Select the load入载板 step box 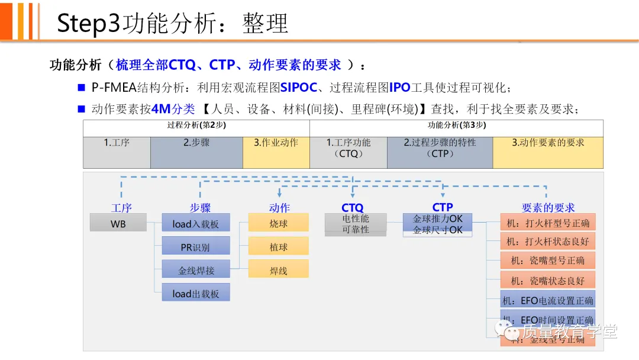pyautogui.click(x=196, y=223)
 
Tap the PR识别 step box pyautogui.click(x=196, y=246)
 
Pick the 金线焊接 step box pyautogui.click(x=196, y=270)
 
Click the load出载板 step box pyautogui.click(x=196, y=292)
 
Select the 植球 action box pyautogui.click(x=279, y=246)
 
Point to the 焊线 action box pyautogui.click(x=279, y=269)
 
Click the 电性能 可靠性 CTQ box pyautogui.click(x=356, y=224)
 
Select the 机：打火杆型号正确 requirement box pyautogui.click(x=548, y=223)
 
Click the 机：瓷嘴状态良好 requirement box pyautogui.click(x=548, y=280)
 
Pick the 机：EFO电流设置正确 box pyautogui.click(x=548, y=300)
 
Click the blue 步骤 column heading pyautogui.click(x=200, y=207)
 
